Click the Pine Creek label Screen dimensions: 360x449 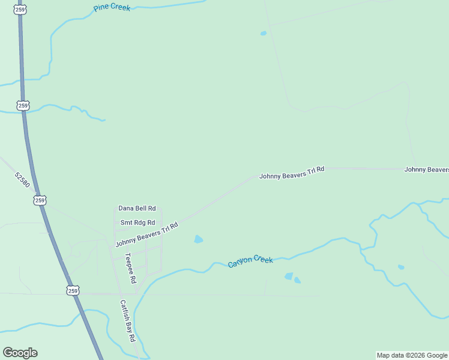click(x=112, y=8)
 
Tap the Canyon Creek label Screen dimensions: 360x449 click(x=250, y=261)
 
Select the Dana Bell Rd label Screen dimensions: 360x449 click(x=137, y=208)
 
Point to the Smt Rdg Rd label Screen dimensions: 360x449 click(x=137, y=223)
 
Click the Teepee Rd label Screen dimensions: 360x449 click(x=130, y=268)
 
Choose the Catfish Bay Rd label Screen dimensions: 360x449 click(x=127, y=320)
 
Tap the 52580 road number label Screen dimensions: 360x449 click(x=22, y=179)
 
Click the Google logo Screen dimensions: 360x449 click(x=20, y=353)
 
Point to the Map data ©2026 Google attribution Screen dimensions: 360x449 click(x=412, y=355)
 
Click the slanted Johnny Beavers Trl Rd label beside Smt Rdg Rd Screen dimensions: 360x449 click(x=147, y=235)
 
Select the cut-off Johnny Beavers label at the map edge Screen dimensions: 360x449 click(x=426, y=169)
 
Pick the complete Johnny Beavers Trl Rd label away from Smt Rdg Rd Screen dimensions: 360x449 click(x=292, y=173)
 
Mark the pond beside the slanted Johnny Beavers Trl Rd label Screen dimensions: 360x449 click(x=198, y=239)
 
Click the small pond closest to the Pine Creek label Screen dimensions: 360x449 click(x=263, y=34)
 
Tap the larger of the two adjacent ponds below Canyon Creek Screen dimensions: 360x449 click(x=289, y=277)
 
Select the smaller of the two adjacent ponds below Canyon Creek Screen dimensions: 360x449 click(x=298, y=280)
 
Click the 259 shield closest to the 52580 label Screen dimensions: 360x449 click(x=40, y=200)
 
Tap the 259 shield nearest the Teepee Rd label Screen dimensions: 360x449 click(x=73, y=290)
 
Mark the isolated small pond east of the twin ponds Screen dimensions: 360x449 click(x=401, y=267)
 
